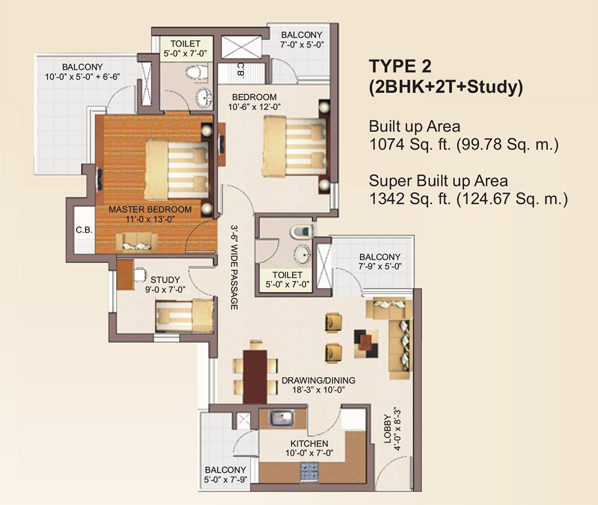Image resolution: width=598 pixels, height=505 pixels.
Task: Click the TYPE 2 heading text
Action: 399,65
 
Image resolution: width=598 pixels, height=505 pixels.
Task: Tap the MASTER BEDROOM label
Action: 150,209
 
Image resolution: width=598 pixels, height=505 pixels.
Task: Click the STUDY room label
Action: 165,279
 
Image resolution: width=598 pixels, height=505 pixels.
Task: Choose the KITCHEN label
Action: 309,443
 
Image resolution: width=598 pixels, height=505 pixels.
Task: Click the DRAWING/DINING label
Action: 318,381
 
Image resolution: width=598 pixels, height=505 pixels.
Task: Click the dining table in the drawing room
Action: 256,376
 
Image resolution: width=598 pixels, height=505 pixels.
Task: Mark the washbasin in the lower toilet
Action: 304,254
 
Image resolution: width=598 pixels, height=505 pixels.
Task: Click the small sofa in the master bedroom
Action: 137,242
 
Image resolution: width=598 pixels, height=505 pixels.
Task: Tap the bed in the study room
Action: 184,315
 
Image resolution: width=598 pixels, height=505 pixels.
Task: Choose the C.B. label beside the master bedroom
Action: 83,230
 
